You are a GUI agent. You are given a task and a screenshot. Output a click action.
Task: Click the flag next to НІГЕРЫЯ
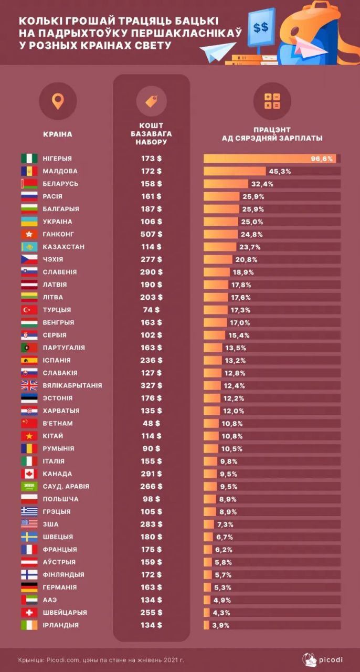coord(29,159)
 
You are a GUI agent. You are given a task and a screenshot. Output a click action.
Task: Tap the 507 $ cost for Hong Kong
coord(151,234)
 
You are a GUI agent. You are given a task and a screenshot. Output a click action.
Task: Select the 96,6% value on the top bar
coord(322,159)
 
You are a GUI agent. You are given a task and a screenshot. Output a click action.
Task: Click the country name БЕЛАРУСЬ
coord(60,184)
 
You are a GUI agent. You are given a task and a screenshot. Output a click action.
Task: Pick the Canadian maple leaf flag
coord(29,474)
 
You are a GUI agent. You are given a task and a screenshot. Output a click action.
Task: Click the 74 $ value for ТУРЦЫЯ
coord(151,310)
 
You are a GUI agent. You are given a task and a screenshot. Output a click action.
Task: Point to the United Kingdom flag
coord(29,385)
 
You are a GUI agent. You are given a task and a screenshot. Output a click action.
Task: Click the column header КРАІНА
coord(57,134)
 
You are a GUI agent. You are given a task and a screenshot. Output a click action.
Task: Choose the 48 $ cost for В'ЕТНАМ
coord(151,423)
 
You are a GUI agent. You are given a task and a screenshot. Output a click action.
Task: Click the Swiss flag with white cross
coord(29,612)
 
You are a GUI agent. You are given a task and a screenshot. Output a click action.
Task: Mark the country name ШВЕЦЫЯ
coord(58,537)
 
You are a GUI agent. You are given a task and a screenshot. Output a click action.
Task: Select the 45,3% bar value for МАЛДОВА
coord(280,171)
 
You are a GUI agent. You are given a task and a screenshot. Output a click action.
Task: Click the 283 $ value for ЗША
coord(151,524)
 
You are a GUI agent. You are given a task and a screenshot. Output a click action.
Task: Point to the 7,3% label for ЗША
coord(225,524)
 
